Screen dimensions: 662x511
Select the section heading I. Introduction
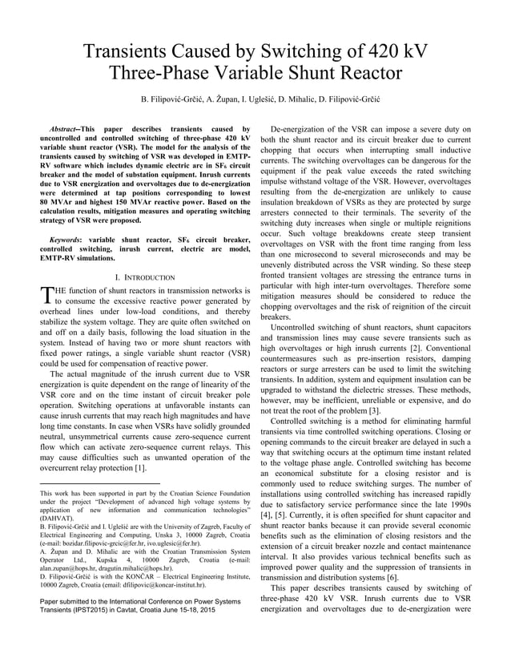coord(144,277)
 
